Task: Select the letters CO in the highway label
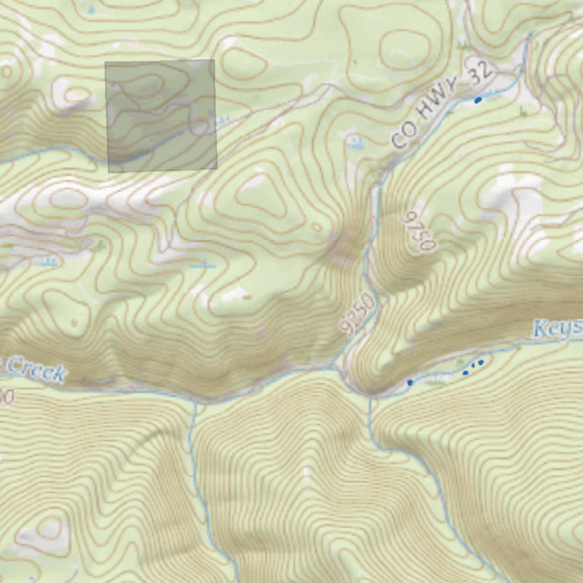(402, 138)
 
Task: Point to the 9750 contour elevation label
(419, 231)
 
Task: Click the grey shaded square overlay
(161, 115)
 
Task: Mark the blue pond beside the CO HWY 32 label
(478, 100)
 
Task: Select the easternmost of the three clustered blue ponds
(481, 362)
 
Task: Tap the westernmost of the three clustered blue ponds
(466, 373)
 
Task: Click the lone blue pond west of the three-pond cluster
(410, 382)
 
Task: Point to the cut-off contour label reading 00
(6, 397)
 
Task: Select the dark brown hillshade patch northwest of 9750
(342, 248)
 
